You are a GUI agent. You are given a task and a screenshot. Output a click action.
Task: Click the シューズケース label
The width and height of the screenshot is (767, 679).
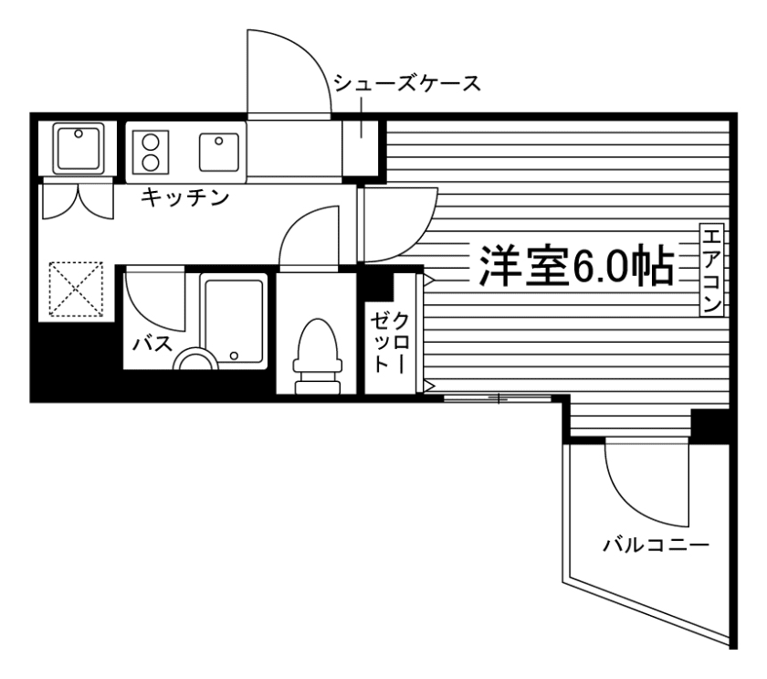pos(406,84)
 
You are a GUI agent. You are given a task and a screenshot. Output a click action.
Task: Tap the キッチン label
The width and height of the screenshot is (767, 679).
pos(184,198)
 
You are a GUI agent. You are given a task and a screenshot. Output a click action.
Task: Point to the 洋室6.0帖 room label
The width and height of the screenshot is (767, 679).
pos(573,266)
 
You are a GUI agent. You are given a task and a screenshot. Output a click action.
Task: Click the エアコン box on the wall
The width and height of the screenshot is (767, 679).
pos(712,270)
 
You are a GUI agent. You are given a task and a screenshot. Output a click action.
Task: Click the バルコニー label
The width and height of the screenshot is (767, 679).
pos(656,546)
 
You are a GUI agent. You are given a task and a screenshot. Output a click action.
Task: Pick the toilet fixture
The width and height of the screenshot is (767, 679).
pos(315,356)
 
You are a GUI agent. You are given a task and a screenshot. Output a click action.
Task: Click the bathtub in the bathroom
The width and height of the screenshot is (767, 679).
pos(235,320)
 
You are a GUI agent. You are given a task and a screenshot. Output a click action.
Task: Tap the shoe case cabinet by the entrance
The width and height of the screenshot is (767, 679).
pos(361,146)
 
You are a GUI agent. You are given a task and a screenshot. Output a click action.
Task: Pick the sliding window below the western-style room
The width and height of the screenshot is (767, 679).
pos(499,398)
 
